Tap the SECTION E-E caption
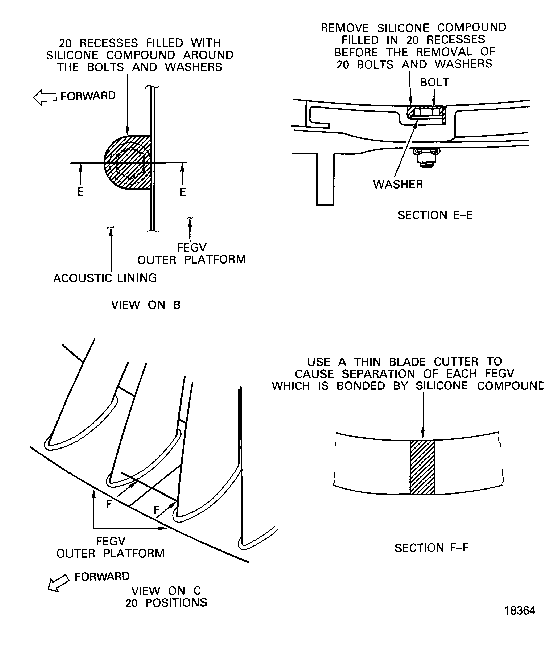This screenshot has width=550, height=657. click(x=435, y=215)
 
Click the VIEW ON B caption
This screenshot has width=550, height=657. click(x=146, y=305)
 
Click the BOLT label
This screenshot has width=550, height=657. click(x=434, y=82)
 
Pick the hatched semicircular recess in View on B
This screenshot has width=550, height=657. click(x=128, y=163)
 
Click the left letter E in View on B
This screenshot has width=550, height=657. click(x=80, y=192)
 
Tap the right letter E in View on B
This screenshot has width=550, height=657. click(x=183, y=192)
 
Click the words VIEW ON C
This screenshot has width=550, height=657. click(x=166, y=591)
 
